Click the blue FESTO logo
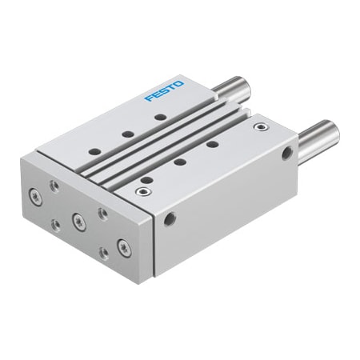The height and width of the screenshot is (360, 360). (163, 90)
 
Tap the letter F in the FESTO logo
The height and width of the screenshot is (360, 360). (149, 98)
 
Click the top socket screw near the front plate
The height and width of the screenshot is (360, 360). (144, 191)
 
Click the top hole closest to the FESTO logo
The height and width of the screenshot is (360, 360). (161, 117)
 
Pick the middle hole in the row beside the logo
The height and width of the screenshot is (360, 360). (127, 134)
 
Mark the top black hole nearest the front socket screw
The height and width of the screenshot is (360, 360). (149, 178)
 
